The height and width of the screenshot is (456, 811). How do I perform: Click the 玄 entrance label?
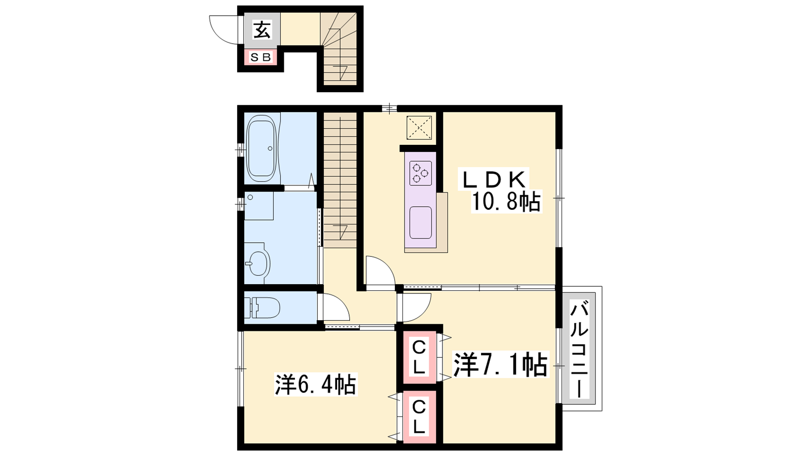click(x=262, y=30)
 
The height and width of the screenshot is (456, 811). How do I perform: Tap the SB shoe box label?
click(x=261, y=57)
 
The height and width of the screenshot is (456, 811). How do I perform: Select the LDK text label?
click(x=494, y=179)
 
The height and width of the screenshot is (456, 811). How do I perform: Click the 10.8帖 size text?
click(x=506, y=201)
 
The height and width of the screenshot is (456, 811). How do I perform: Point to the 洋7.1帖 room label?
click(x=500, y=365)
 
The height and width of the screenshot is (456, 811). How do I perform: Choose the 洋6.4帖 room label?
click(x=315, y=385)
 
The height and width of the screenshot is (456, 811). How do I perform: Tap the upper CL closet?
click(x=419, y=358)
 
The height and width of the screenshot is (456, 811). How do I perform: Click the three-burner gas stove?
click(x=421, y=173)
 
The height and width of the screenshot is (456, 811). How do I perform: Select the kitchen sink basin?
click(x=420, y=222)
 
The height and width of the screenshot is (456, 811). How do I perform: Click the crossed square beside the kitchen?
click(x=419, y=127)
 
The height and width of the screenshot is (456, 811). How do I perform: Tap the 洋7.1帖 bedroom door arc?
click(x=422, y=312)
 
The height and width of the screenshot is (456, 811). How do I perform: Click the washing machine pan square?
click(x=259, y=206)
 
